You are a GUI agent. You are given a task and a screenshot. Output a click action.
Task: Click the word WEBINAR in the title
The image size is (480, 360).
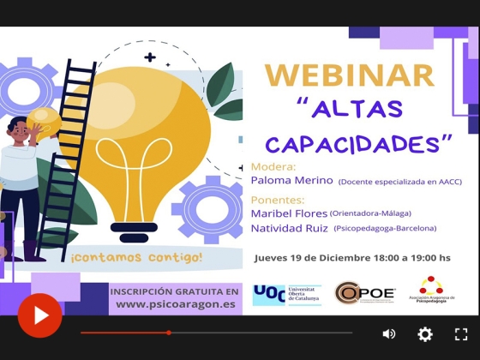(349, 75)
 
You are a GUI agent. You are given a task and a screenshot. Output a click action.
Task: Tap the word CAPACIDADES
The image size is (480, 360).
(358, 142)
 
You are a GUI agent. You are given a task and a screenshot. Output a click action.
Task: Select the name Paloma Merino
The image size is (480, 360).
(291, 181)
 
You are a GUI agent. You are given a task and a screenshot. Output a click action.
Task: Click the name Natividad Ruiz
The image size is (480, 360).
(290, 228)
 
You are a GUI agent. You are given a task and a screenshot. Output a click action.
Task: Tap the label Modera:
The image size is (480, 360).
(273, 166)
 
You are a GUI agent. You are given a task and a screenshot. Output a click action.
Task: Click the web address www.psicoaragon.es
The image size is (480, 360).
(177, 303)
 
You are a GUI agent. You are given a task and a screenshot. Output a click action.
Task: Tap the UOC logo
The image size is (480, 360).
(286, 295)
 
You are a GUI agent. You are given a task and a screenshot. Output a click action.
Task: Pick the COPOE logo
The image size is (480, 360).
(364, 294)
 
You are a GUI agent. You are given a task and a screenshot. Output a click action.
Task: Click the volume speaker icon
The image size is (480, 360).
(389, 333)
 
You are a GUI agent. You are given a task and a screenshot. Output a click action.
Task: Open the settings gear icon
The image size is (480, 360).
(425, 333)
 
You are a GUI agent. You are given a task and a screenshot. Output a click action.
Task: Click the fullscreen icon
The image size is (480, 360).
(461, 333)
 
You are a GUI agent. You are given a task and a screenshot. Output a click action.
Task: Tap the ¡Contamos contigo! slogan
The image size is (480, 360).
(137, 256)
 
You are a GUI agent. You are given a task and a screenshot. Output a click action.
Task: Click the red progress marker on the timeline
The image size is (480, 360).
(169, 333)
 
